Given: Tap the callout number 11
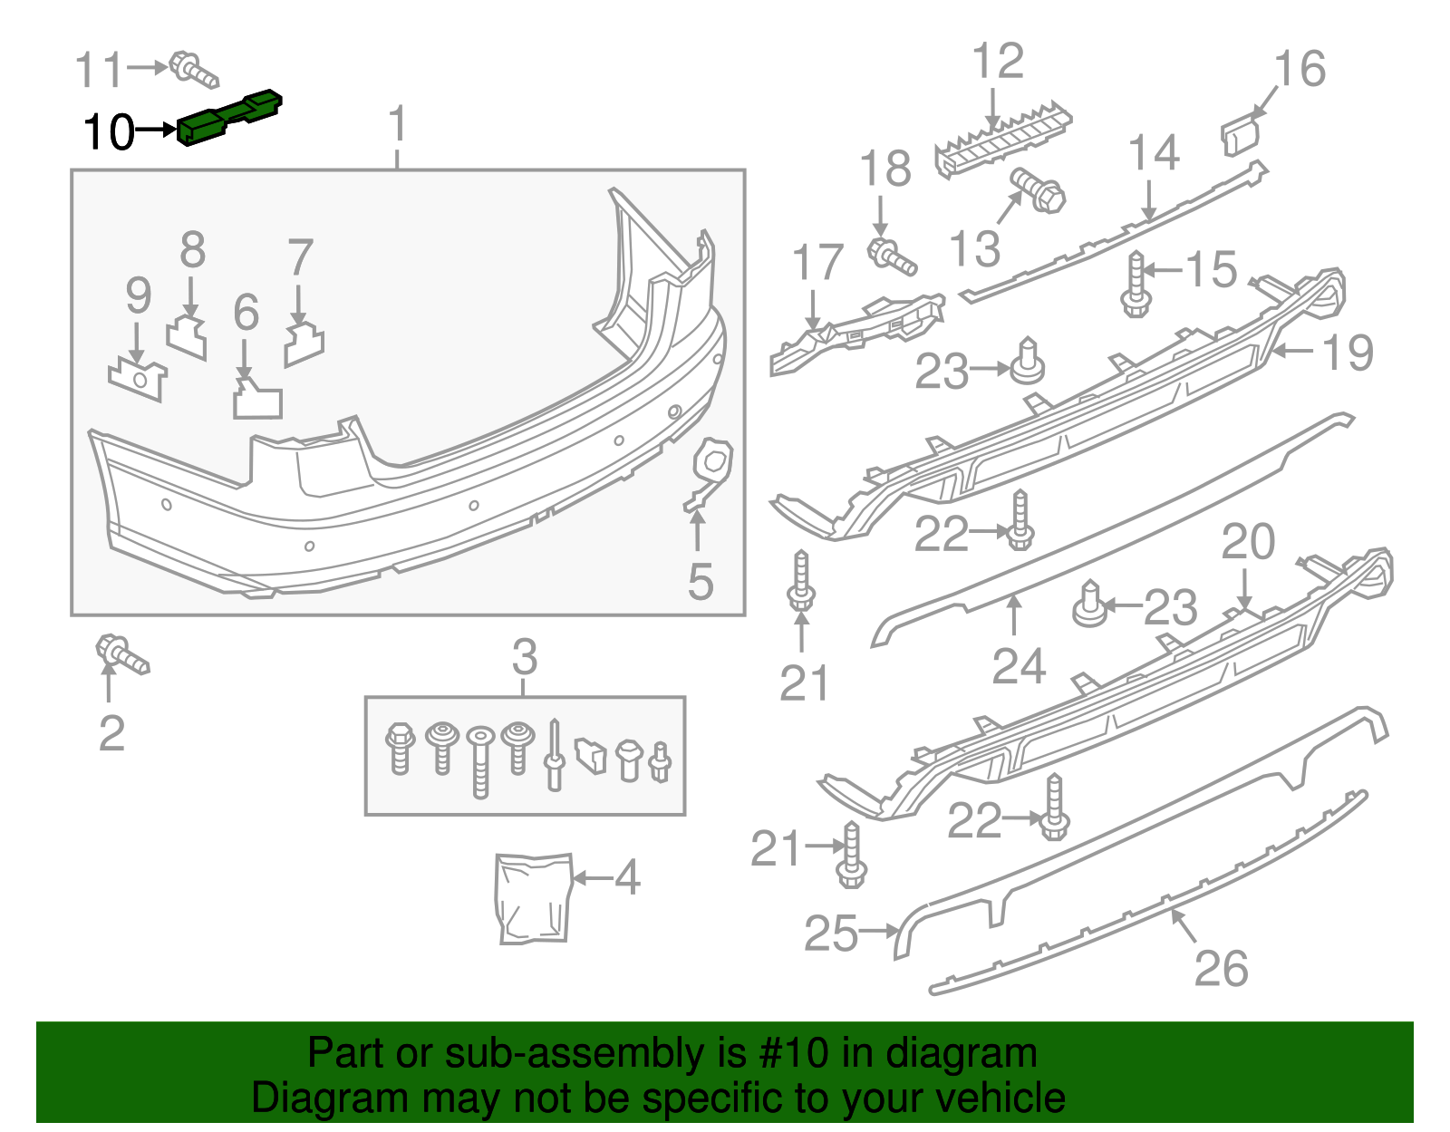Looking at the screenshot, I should (x=98, y=70).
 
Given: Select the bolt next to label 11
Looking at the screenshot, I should (x=193, y=71).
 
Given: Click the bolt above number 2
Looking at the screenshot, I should (x=121, y=654).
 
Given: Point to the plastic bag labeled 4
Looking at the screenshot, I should (x=535, y=898).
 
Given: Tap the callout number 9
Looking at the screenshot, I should (x=138, y=295).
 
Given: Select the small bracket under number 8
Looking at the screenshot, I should (x=188, y=337).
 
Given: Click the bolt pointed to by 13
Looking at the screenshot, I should (x=1039, y=190).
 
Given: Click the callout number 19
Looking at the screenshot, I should (x=1348, y=352).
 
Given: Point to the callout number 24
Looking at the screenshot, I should (x=1019, y=666).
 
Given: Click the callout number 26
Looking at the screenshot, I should (x=1221, y=969).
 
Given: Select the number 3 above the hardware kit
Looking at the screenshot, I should (x=525, y=656).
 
